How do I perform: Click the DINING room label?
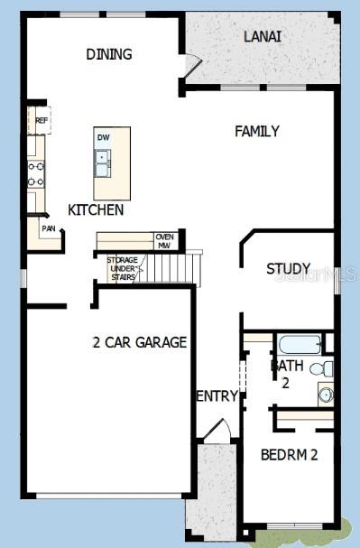click(x=109, y=54)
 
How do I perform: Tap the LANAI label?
click(x=263, y=37)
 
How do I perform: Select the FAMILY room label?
click(x=257, y=131)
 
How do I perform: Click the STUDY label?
click(x=289, y=269)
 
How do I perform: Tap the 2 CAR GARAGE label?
click(x=139, y=342)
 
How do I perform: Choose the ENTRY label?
click(x=217, y=395)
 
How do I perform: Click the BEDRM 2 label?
click(x=289, y=454)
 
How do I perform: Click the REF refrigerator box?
click(x=41, y=119)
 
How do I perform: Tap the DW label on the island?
click(x=103, y=138)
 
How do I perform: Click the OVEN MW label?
click(x=164, y=240)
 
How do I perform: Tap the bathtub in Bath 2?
click(x=300, y=344)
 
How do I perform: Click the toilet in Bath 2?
click(x=322, y=368)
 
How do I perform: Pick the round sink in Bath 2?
click(x=326, y=394)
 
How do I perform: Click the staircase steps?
click(x=169, y=267)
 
